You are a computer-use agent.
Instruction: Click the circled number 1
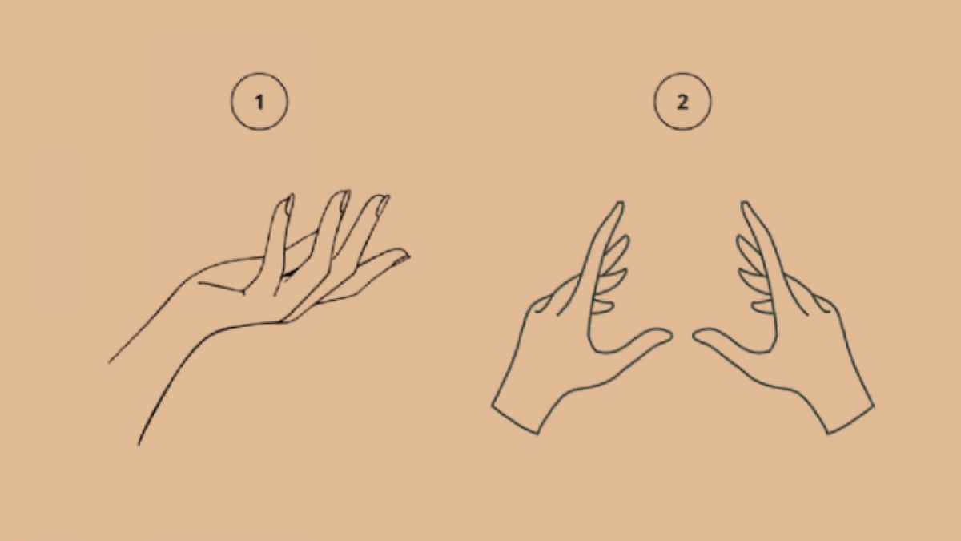point(259,101)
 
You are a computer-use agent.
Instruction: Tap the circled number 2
point(682,101)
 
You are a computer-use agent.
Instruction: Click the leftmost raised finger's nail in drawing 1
point(289,204)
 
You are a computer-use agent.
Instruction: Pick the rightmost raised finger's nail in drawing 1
point(383,204)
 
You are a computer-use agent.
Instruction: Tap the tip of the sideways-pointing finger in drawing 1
point(408,256)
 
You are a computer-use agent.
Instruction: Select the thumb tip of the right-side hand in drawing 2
point(695,335)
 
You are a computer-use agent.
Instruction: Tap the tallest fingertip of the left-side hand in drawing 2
point(621,203)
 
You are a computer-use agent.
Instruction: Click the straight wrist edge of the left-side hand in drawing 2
point(514,418)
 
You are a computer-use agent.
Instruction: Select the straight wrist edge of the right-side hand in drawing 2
point(850,419)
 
